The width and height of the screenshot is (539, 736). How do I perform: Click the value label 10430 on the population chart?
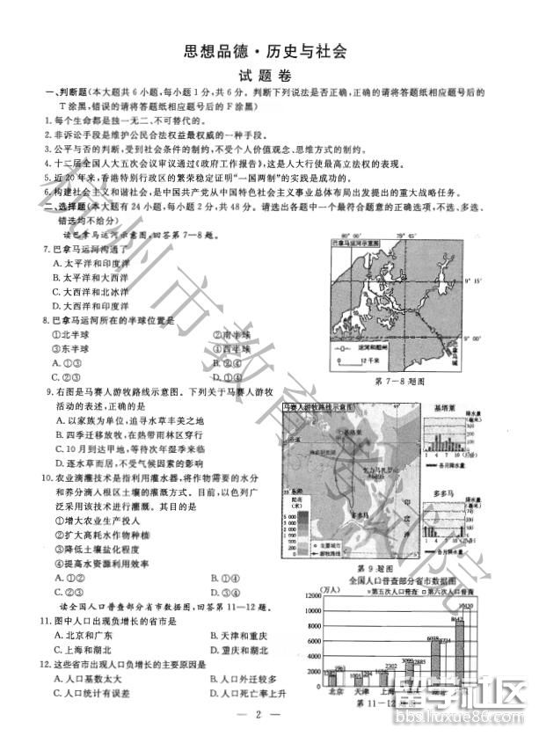(465, 606)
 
